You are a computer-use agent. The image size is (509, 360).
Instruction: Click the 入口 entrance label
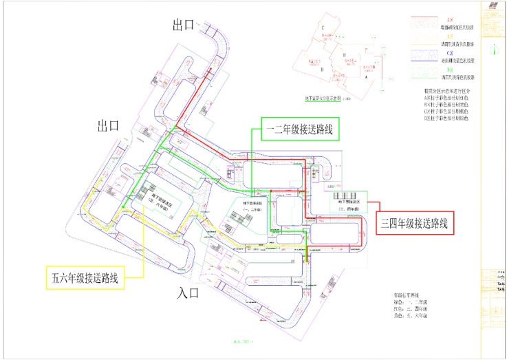coord(188,293)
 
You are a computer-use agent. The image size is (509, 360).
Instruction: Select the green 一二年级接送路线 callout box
coord(302,128)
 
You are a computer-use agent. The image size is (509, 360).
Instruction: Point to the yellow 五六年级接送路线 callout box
coord(85,278)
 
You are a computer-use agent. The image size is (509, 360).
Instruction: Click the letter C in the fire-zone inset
coord(323,28)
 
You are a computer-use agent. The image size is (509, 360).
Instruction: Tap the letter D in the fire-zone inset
coord(322,69)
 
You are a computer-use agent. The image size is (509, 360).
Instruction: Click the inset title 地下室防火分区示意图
coord(325,99)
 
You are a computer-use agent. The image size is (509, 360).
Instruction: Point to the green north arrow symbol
coord(495,50)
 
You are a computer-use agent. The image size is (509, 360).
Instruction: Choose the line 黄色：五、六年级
coord(410,317)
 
